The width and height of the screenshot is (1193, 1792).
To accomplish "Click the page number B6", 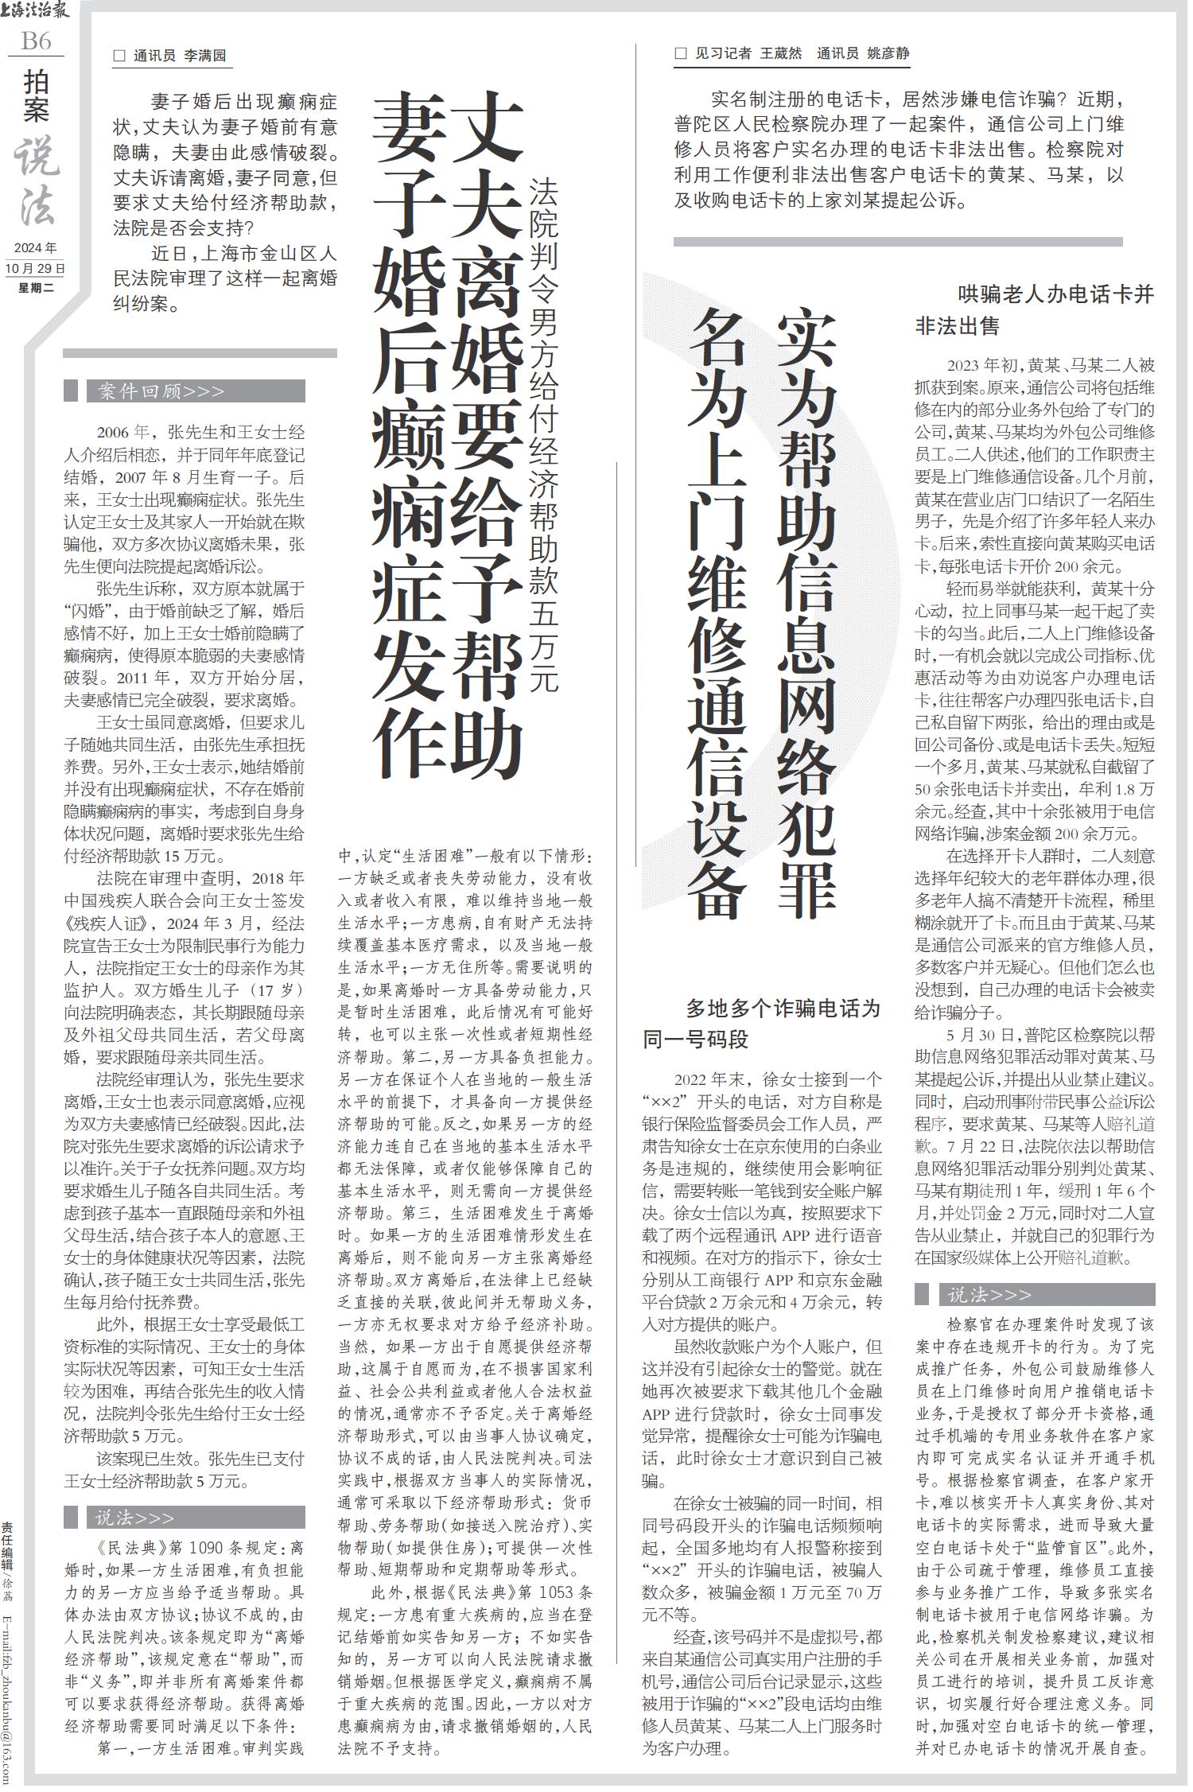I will coord(36,40).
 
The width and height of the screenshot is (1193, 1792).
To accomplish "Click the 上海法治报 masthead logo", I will coord(36,12).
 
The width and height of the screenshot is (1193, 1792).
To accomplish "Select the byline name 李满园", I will coord(205,56).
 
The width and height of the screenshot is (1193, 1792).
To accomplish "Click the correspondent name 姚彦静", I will coord(888,53).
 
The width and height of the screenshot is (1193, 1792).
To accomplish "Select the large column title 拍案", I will coord(36,95).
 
